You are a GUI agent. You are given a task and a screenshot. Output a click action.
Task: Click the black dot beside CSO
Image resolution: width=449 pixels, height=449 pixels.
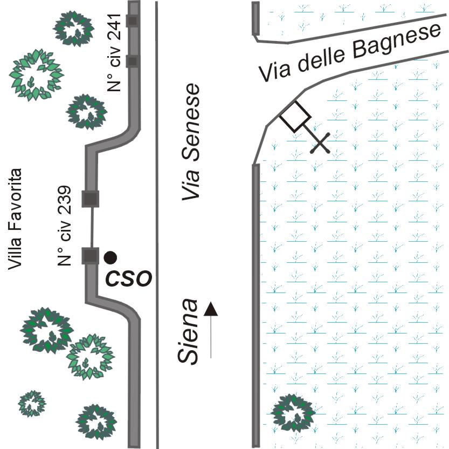pyautogui.click(x=110, y=257)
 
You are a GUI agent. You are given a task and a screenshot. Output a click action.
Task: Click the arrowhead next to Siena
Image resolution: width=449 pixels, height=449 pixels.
pyautogui.click(x=211, y=309)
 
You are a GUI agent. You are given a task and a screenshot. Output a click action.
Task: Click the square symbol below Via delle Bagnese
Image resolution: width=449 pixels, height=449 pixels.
pyautogui.click(x=295, y=116)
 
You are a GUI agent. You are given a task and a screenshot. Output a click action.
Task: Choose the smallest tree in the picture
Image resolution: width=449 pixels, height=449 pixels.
pyautogui.click(x=32, y=403)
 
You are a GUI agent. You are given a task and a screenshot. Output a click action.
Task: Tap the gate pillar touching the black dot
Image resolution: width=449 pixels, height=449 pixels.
pyautogui.click(x=89, y=255)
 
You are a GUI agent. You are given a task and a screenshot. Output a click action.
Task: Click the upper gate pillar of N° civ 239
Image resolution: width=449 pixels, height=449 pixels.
pyautogui.click(x=89, y=199)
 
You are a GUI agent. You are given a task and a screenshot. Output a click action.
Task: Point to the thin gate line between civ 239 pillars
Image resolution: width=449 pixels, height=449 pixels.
pyautogui.click(x=92, y=227)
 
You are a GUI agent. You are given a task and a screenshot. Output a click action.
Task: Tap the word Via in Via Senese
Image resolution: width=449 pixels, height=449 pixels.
pyautogui.click(x=190, y=183)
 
